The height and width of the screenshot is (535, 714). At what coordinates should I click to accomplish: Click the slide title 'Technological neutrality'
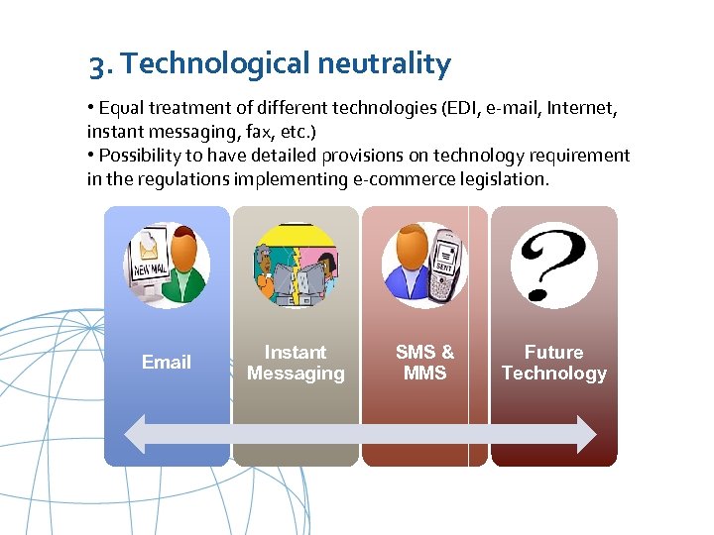pos(287,64)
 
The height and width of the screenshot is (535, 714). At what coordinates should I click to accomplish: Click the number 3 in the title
pos(96,65)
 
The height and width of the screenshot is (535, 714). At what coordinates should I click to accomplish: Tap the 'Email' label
pos(167,362)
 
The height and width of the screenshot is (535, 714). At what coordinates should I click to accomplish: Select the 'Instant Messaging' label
pos(296,363)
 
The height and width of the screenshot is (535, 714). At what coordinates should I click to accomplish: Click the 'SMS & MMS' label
pos(424,363)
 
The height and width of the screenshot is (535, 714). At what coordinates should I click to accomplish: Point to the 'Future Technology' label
pos(553,363)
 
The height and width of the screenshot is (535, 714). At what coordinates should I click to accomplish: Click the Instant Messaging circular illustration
pos(296,265)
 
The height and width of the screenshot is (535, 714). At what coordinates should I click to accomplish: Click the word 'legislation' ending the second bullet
pos(505,178)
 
